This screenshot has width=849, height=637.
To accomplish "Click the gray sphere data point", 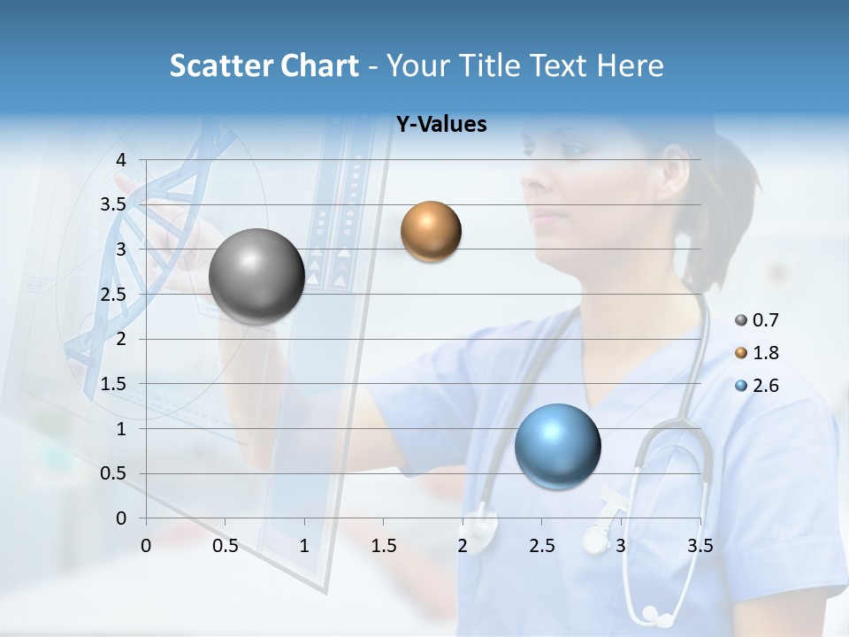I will pos(256,276).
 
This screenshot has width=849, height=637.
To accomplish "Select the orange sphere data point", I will pos(431,231).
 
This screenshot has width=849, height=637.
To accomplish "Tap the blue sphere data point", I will pos(557,445).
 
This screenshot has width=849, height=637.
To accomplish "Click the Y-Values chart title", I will pos(440,125).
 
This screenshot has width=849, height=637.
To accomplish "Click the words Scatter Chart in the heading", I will pos(264,65).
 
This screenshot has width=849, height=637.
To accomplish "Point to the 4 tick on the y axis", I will pos(121,160).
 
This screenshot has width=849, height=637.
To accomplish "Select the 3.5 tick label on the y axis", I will pos(113,204).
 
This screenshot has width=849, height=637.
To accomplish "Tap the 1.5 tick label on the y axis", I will pos(113,384).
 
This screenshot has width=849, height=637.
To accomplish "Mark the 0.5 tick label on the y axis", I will pos(113,473).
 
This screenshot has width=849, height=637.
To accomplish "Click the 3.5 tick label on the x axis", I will pos(700,546).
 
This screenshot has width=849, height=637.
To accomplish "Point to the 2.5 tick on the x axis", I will pos(541,546).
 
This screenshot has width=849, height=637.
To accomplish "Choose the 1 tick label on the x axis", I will pos(304,546).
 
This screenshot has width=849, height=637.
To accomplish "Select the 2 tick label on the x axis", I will pos(463,546).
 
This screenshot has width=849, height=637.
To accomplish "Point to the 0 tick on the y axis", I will pos(121,518).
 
